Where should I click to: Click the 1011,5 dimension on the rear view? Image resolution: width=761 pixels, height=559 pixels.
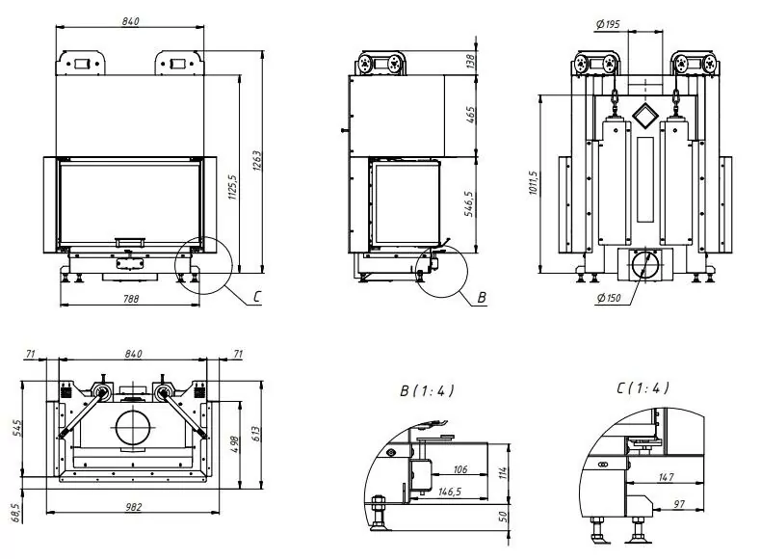tap(534, 182)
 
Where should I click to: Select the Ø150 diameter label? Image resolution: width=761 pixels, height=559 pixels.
tap(607, 296)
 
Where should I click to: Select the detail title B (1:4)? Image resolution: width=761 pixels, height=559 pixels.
tap(427, 390)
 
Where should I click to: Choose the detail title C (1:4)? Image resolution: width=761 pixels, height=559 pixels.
tap(643, 387)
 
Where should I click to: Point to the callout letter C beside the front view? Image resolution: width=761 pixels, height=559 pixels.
tap(257, 296)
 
